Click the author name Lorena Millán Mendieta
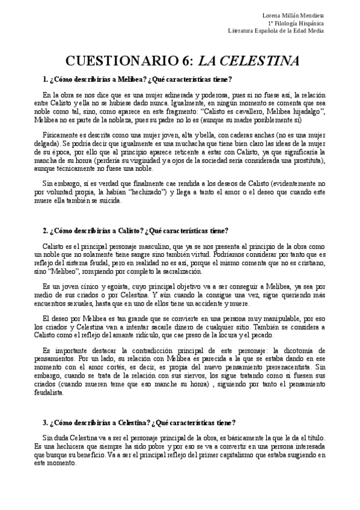click(293, 14)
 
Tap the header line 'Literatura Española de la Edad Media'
click(277, 30)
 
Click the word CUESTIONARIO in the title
click(114, 61)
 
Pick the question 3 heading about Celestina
click(139, 422)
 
